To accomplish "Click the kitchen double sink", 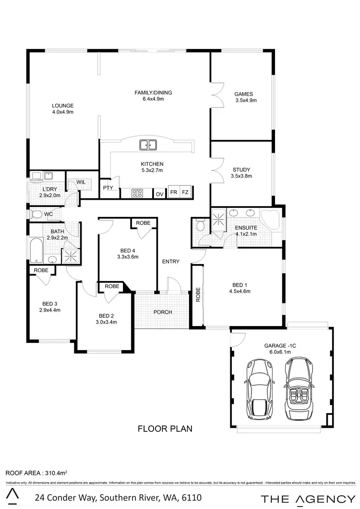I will (x=148, y=144).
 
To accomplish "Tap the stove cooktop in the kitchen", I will (x=137, y=194).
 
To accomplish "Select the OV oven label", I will (x=160, y=194).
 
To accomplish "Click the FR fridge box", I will (x=173, y=193).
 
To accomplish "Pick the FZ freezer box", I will (x=185, y=193).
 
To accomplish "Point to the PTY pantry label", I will (x=108, y=188).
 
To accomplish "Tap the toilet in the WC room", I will (x=36, y=214).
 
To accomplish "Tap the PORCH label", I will (x=163, y=312).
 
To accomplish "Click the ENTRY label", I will (x=171, y=262).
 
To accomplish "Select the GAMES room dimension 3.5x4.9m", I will (x=246, y=101).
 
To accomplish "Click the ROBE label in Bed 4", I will (x=143, y=223).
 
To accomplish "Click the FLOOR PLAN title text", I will (x=165, y=428).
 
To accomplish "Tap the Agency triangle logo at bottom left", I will (x=15, y=497).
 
